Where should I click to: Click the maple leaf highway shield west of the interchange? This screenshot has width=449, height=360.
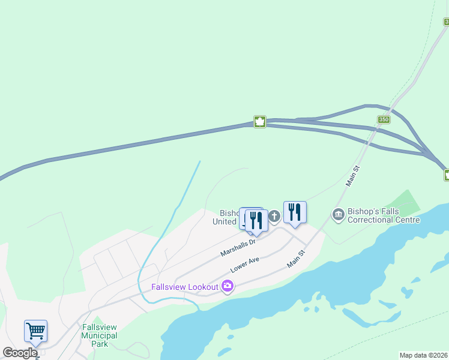[x=259, y=122]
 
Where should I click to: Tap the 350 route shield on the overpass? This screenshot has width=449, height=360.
[x=384, y=120]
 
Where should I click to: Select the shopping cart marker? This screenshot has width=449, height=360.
[x=35, y=331]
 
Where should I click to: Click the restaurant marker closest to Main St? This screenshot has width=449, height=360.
[x=295, y=212]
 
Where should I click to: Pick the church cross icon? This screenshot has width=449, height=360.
[x=274, y=216]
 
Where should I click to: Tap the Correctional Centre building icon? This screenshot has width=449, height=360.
[x=338, y=214]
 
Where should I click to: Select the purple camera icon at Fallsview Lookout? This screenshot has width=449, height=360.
[x=227, y=287]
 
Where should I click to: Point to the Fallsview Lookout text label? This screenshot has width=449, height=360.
[x=184, y=287]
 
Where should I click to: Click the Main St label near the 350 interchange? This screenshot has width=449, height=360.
[x=353, y=176]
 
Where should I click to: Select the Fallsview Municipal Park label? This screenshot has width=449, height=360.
[x=100, y=335]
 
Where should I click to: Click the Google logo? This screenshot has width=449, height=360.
[x=20, y=353]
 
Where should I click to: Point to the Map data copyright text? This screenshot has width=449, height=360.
[x=424, y=355]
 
